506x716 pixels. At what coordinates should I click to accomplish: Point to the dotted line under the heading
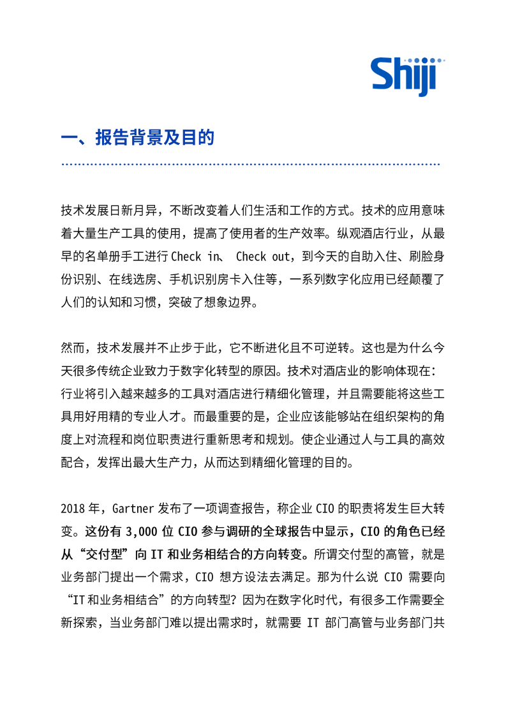coord(251,165)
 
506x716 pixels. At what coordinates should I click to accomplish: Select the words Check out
coord(261,256)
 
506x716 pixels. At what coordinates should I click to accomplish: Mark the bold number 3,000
coord(147,531)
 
